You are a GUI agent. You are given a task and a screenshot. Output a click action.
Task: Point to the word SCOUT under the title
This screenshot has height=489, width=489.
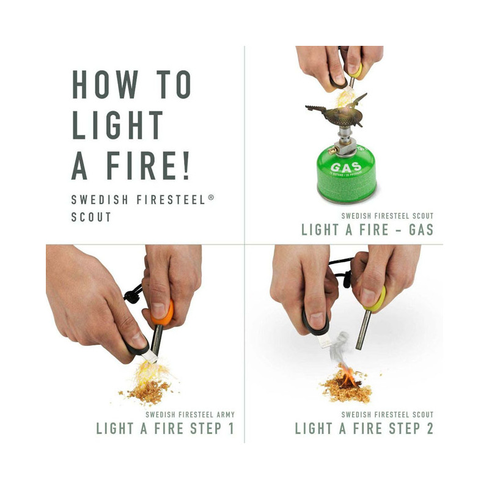tap(92, 217)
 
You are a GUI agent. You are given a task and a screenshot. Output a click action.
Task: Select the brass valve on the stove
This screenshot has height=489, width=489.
tap(332, 149)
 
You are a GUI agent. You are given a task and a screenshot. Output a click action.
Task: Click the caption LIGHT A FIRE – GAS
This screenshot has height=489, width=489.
tap(367, 230)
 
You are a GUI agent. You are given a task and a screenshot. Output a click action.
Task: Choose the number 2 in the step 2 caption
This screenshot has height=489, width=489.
tap(429, 428)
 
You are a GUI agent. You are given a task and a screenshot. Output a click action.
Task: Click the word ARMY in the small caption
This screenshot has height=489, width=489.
tap(224, 414)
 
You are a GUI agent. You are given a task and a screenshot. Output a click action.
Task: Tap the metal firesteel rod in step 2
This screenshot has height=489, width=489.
tap(363, 330)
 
